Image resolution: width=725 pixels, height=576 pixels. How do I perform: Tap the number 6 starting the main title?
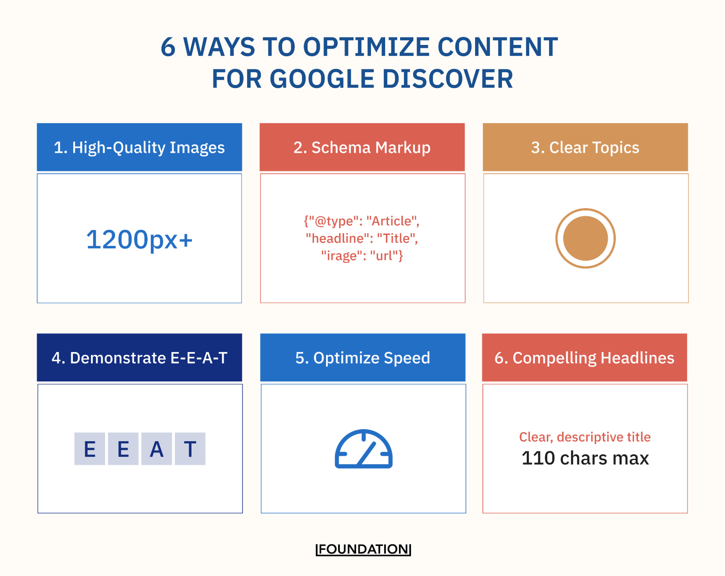click(x=168, y=47)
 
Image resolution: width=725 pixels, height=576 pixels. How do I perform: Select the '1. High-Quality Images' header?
click(x=139, y=147)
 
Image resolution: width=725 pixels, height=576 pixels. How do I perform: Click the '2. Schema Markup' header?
click(x=362, y=147)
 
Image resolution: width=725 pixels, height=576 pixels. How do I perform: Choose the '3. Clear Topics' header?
click(x=585, y=147)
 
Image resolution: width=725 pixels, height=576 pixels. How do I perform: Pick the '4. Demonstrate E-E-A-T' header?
click(x=139, y=357)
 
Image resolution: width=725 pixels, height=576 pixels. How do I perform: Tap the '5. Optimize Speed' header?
click(x=363, y=357)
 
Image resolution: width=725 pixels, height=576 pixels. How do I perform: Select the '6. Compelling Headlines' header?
click(x=584, y=357)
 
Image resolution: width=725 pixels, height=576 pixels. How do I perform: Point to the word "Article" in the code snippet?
click(x=391, y=221)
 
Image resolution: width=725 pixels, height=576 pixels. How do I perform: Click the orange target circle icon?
click(x=585, y=238)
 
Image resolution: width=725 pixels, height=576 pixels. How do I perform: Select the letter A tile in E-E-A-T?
click(x=157, y=449)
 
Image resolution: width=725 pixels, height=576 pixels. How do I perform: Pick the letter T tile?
click(x=190, y=449)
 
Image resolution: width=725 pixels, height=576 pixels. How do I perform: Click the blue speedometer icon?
click(x=363, y=449)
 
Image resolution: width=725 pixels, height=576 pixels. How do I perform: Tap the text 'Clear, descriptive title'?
click(x=585, y=437)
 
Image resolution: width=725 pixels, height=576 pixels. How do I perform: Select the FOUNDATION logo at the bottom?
click(x=363, y=549)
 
